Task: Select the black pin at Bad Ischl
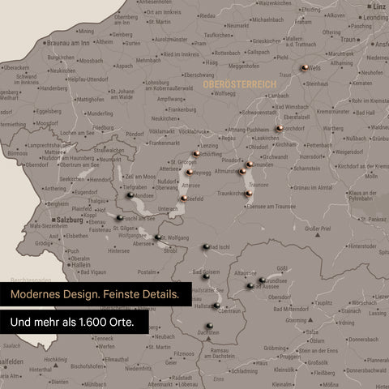(206, 247)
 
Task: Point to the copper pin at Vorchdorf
(278, 128)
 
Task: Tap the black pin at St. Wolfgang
(157, 237)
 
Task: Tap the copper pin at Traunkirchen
(246, 194)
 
